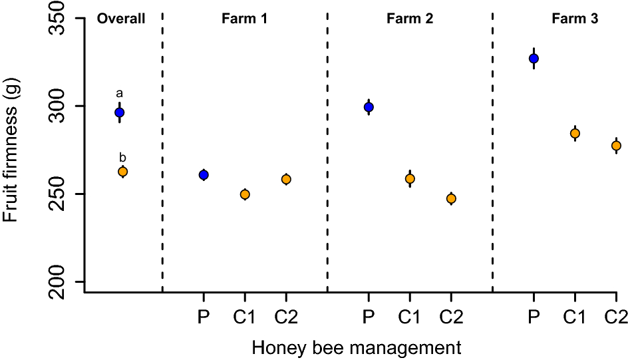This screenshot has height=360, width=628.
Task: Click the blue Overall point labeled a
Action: click(119, 112)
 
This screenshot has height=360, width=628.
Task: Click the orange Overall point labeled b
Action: click(122, 172)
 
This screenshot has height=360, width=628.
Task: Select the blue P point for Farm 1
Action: click(204, 175)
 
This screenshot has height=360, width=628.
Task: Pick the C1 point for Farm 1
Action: click(245, 194)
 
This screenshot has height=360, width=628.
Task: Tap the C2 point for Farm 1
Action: click(286, 179)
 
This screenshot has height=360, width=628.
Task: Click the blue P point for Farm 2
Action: click(369, 107)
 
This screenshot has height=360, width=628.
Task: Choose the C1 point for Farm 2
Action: click(410, 178)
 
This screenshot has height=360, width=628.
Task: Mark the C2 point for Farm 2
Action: click(451, 198)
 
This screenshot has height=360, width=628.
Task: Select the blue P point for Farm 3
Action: click(534, 59)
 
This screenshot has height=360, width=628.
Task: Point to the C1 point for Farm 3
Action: click(575, 134)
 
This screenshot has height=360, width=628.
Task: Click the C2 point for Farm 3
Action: click(616, 146)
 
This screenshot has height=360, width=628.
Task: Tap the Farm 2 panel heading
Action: click(410, 19)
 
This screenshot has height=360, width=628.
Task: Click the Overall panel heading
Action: click(121, 19)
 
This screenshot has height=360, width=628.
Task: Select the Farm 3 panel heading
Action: click(575, 19)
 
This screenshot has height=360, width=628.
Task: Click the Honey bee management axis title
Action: click(357, 347)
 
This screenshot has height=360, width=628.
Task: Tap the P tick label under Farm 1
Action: click(204, 317)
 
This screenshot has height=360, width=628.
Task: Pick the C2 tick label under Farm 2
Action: click(451, 317)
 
